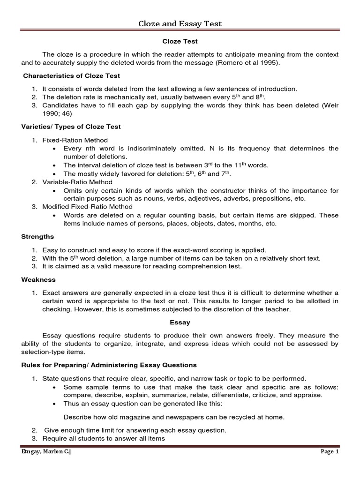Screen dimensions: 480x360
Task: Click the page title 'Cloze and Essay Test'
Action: coord(180,23)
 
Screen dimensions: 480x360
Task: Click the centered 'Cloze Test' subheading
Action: coord(180,42)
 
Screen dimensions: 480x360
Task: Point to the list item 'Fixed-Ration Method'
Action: coord(75,140)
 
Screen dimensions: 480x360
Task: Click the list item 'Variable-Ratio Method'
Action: coord(77,182)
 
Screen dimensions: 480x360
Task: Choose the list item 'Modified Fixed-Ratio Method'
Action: coord(88,207)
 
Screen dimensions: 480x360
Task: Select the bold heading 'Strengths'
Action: coord(37,237)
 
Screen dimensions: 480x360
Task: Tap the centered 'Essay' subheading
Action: coord(180,322)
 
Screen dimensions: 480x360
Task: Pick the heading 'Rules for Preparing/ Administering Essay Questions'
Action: coord(109,365)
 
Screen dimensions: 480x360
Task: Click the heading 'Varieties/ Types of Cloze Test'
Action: coord(71,127)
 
